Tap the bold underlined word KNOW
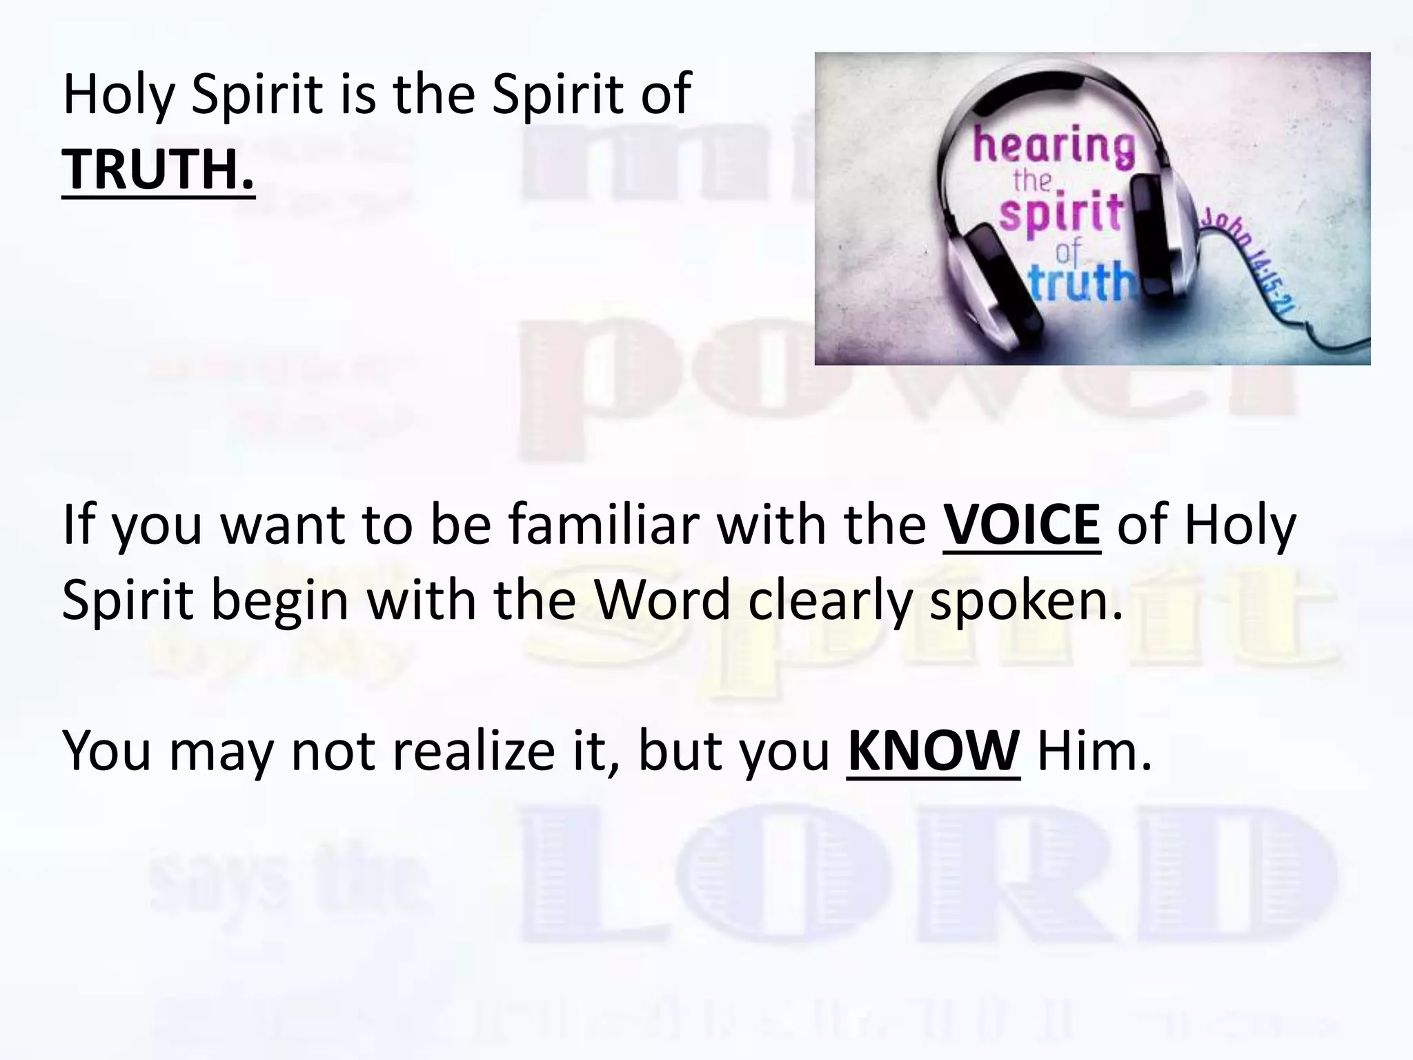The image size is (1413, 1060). (933, 751)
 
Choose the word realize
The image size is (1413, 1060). (473, 751)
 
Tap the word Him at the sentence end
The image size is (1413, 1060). (1094, 751)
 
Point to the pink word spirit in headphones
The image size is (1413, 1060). (1060, 214)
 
